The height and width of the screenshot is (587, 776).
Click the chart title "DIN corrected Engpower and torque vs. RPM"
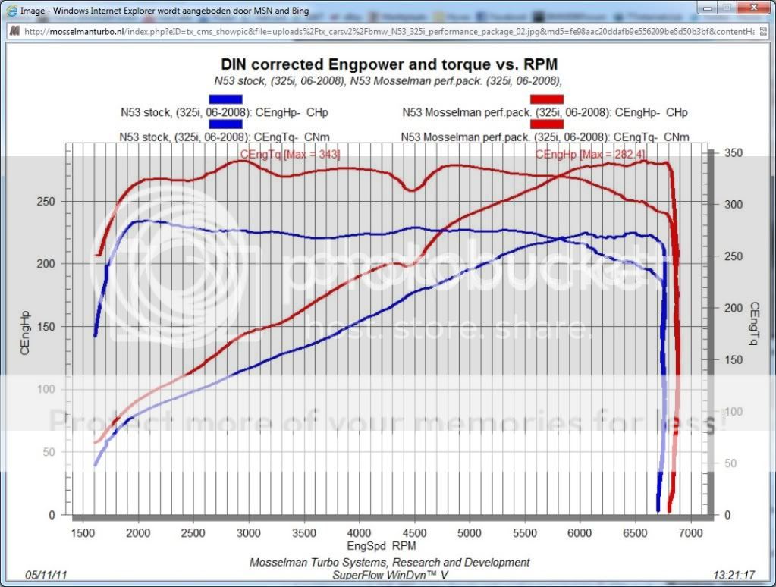389,64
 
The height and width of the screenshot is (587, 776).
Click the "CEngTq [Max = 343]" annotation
290,155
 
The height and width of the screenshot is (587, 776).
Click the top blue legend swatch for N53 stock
225,99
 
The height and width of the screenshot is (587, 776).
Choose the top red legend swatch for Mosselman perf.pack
547,99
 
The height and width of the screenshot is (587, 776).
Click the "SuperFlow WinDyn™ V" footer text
389,575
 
